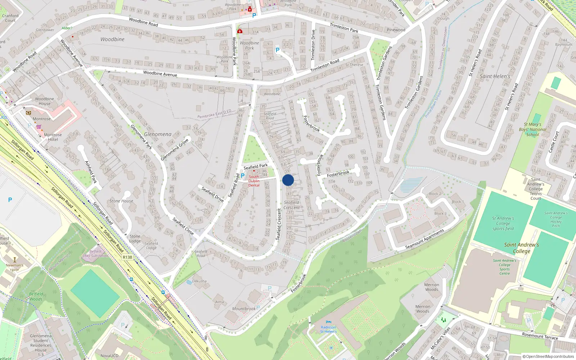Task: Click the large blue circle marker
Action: [288, 180]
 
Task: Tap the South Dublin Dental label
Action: [254, 181]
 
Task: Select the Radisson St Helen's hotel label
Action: [328, 329]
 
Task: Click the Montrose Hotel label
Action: [53, 137]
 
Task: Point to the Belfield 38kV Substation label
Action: [95, 253]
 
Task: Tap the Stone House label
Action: [121, 201]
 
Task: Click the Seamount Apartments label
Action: [424, 239]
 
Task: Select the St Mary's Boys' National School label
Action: [532, 130]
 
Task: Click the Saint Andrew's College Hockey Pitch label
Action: [556, 219]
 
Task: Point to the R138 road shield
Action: [127, 257]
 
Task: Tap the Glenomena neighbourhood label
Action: [158, 134]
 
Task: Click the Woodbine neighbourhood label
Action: [112, 39]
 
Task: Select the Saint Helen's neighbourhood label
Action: [495, 76]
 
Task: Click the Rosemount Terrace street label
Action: [540, 336]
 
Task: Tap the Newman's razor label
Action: [14, 267]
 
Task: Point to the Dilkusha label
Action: [199, 281]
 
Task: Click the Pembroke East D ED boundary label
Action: [214, 114]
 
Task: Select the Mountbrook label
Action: [244, 309]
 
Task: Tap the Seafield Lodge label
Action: [151, 246]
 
